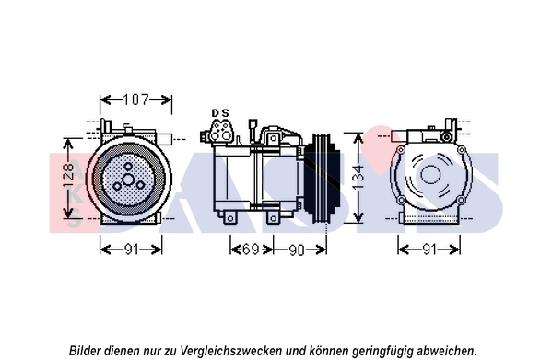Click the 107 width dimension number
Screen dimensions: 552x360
135,99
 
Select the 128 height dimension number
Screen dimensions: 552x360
68,176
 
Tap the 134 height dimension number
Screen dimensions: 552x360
358,178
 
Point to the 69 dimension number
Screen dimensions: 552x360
251,250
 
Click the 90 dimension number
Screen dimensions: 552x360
297,250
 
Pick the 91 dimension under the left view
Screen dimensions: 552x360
131,250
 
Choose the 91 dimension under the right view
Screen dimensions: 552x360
429,250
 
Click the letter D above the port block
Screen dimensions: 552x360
215,113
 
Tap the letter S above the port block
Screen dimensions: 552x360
225,113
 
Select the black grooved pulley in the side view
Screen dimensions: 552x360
323,178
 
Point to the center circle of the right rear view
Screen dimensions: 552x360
430,175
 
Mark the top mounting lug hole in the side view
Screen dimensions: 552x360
273,138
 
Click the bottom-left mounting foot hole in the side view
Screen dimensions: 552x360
230,219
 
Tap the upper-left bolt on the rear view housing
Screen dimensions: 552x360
400,150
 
